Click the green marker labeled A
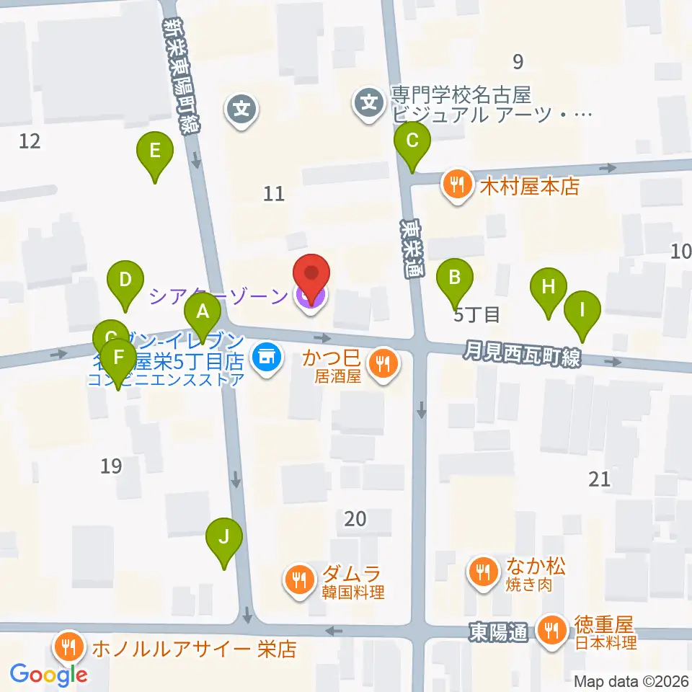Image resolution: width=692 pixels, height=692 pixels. point(203,313)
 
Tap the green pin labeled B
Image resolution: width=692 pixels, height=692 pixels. point(455,277)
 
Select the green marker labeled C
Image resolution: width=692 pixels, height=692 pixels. point(412,140)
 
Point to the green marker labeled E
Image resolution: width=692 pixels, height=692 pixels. point(154,151)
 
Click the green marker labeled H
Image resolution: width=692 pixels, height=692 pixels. point(549,286)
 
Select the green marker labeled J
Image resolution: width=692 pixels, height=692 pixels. point(224,537)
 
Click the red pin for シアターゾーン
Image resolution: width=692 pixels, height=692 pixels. point(311,275)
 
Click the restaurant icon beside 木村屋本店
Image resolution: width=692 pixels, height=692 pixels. point(456,184)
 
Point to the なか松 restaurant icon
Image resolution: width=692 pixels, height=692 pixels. point(481,572)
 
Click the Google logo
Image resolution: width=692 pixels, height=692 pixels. point(49,675)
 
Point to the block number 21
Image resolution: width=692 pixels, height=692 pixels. point(599,479)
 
